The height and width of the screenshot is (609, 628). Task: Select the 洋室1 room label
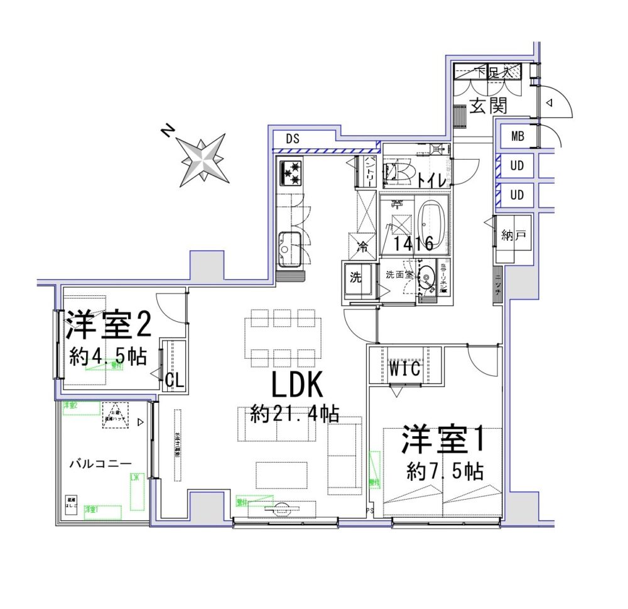[444, 441]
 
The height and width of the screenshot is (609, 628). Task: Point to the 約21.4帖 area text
[295, 414]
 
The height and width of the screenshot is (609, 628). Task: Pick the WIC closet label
[406, 368]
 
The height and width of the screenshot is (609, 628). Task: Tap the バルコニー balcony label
[100, 464]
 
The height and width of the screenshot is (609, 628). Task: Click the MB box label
[517, 136]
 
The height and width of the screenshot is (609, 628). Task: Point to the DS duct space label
[293, 139]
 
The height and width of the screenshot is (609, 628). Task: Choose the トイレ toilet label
[433, 180]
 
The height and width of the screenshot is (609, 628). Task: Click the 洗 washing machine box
[356, 278]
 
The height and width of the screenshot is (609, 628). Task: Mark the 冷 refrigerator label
[362, 246]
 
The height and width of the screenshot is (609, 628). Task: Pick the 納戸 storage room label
[512, 236]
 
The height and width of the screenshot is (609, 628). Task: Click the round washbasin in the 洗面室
[427, 277]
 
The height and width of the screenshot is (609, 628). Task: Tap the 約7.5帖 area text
[445, 471]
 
